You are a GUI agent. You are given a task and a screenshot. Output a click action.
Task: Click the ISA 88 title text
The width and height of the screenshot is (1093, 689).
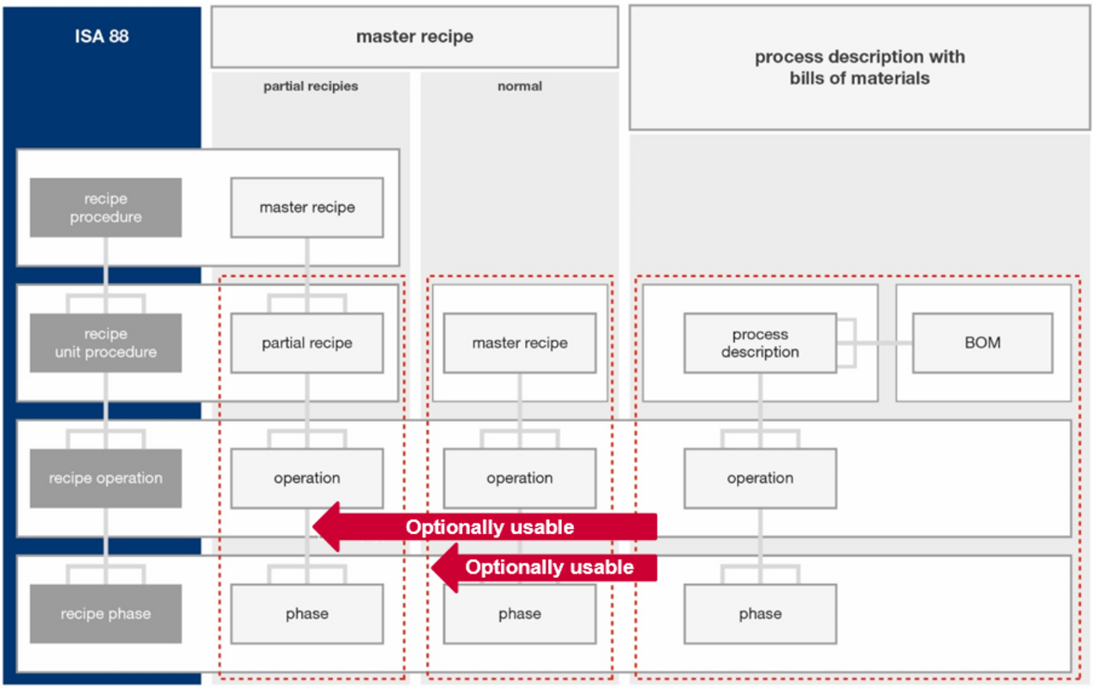[102, 36]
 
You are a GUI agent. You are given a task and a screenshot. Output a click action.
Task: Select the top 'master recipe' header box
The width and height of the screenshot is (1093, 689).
[415, 37]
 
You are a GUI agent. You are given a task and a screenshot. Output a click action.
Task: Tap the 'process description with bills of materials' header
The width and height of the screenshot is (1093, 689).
[859, 67]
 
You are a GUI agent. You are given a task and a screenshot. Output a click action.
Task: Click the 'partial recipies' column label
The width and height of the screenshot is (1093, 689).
[311, 86]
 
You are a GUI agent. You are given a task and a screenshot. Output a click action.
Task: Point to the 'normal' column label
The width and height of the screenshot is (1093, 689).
[520, 86]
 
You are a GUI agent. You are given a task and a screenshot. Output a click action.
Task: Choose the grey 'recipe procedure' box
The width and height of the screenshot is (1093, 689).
[106, 208]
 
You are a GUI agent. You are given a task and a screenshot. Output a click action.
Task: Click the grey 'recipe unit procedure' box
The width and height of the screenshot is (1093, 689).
[106, 343]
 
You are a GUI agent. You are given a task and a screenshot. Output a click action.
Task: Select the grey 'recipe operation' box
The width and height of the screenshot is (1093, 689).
[106, 478]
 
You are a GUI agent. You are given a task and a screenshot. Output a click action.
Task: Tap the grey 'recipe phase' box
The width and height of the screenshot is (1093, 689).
[106, 613]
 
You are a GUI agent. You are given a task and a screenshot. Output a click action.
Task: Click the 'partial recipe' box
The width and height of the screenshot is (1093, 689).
[307, 343]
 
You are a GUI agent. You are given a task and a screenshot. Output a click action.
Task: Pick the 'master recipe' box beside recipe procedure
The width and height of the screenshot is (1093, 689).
[307, 208]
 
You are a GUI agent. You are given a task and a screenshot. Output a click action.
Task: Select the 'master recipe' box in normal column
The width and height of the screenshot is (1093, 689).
[520, 343]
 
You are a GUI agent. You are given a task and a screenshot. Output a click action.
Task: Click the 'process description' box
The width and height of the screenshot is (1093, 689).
[760, 343]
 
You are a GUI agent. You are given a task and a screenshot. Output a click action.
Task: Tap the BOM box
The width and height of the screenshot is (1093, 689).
[983, 343]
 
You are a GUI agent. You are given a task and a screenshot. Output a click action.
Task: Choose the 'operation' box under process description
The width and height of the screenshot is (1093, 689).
[760, 478]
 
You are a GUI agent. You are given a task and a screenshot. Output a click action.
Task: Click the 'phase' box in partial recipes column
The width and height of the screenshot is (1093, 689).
[307, 613]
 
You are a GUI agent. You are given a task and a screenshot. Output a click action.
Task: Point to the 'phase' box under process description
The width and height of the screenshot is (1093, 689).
[760, 613]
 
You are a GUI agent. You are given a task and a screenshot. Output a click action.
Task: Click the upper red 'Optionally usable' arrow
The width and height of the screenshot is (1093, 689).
[485, 527]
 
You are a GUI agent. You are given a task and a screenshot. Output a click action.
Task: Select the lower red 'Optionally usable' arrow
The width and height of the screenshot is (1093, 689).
[544, 568]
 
